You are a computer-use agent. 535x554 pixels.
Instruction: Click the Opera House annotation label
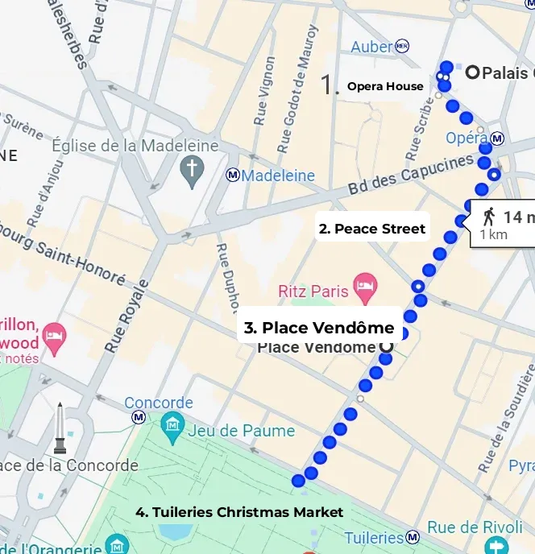pyautogui.click(x=385, y=86)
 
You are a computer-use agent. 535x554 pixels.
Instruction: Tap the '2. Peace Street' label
pyautogui.click(x=372, y=229)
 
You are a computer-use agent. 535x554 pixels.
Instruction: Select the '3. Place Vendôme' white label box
pyautogui.click(x=319, y=328)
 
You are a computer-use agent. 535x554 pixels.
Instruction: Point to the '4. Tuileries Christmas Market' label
pyautogui.click(x=239, y=512)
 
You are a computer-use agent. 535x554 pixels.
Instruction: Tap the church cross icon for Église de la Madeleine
pyautogui.click(x=192, y=172)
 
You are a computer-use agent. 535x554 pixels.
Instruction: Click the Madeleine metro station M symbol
pyautogui.click(x=233, y=175)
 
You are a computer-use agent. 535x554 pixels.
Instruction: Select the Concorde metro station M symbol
pyautogui.click(x=139, y=417)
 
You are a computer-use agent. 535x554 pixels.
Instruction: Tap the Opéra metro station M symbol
pyautogui.click(x=498, y=138)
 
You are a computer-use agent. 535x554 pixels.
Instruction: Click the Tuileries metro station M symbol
pyautogui.click(x=413, y=537)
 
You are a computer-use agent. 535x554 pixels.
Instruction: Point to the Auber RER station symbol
pyautogui.click(x=402, y=47)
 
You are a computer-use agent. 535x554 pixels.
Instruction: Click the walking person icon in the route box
pyautogui.click(x=489, y=216)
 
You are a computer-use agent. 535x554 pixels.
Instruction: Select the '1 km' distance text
pyautogui.click(x=493, y=234)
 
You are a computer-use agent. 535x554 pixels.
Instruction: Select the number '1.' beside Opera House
pyautogui.click(x=330, y=85)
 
